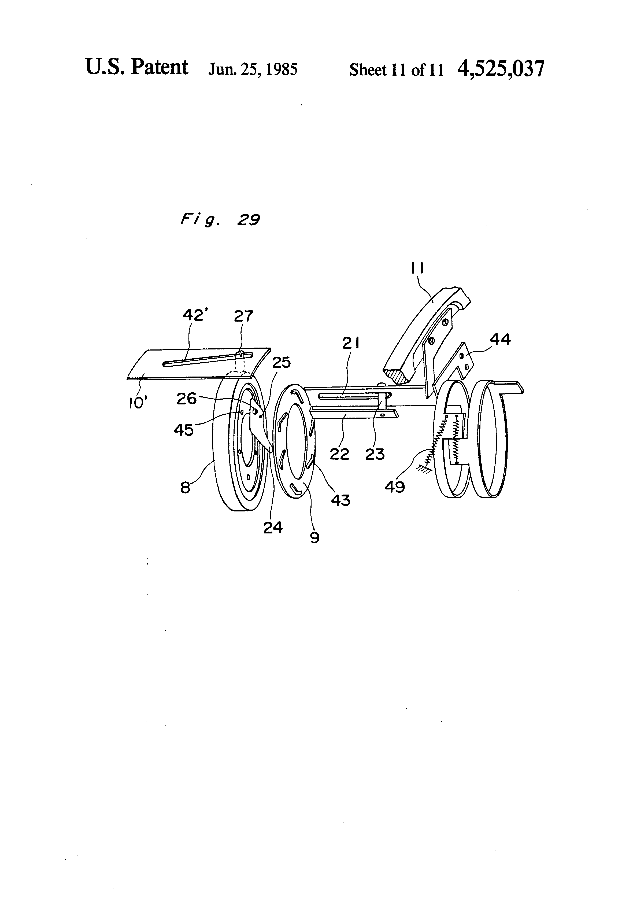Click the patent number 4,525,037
[x=501, y=69]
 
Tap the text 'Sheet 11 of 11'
[x=396, y=70]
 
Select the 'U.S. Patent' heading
[x=137, y=67]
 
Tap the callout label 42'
[x=195, y=315]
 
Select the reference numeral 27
[x=243, y=316]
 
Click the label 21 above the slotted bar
[x=351, y=344]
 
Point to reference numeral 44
[x=500, y=339]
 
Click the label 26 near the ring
[x=186, y=399]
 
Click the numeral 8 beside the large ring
[x=185, y=488]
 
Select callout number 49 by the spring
[x=395, y=487]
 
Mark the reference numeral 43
[x=340, y=500]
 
